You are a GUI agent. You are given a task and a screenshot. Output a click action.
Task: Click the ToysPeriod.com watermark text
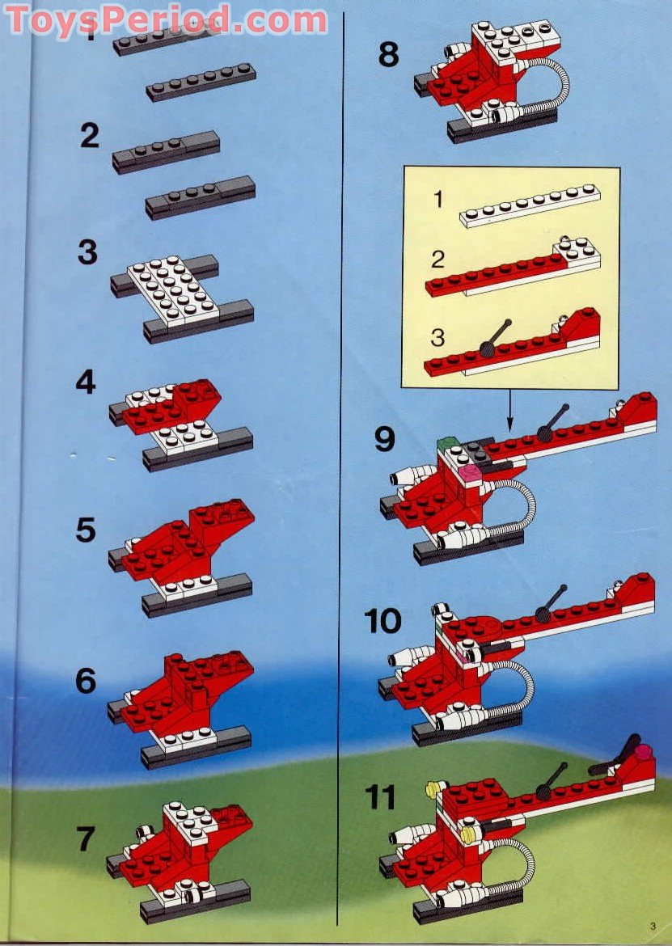click(x=166, y=19)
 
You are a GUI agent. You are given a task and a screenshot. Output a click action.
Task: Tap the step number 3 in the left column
click(x=87, y=252)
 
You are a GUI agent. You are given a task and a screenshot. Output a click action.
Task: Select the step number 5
click(x=86, y=531)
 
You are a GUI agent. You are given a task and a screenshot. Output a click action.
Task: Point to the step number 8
click(x=389, y=57)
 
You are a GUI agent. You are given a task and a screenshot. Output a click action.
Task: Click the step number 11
click(x=380, y=798)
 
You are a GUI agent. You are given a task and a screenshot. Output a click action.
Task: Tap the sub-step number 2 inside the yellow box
click(x=437, y=260)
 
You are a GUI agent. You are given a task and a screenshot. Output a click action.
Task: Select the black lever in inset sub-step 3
click(x=496, y=338)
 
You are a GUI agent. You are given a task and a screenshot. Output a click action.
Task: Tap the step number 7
click(x=87, y=839)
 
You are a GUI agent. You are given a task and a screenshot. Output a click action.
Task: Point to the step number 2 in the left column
click(x=89, y=135)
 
